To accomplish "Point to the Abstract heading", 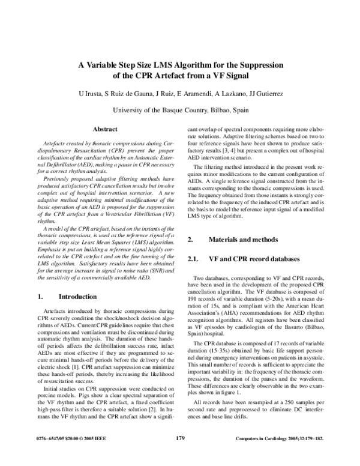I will [104, 129].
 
